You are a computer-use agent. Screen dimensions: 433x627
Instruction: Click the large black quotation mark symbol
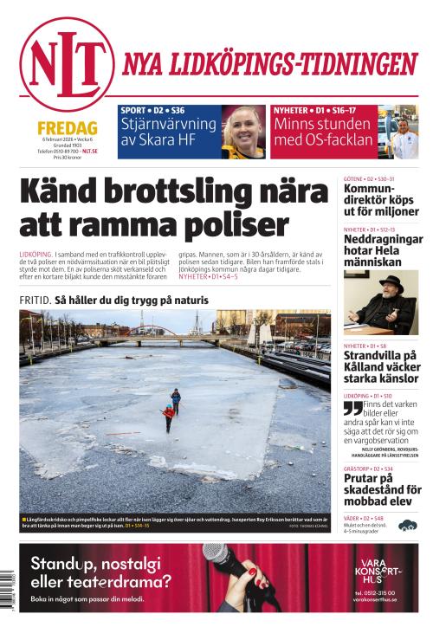pyautogui.click(x=352, y=408)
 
